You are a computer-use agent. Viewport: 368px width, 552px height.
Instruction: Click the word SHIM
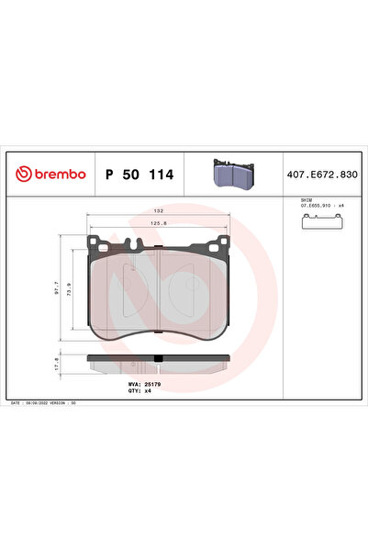tap(307, 200)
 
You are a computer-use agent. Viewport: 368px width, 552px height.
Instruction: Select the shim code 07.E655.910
tap(318, 207)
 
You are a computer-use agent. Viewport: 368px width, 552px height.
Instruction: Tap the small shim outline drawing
tap(324, 223)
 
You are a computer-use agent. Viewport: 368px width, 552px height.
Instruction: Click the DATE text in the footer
tap(16, 403)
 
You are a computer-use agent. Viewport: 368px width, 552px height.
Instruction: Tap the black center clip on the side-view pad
tap(159, 359)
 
